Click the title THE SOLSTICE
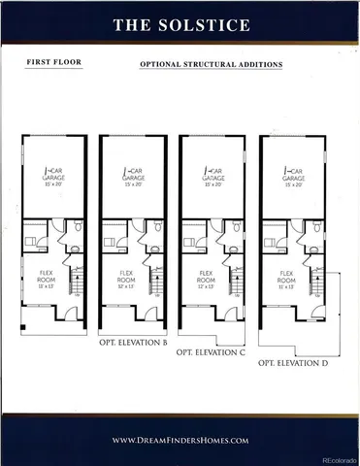(x=180, y=24)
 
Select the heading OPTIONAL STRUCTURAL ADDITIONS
(x=211, y=65)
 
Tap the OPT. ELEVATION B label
(x=133, y=343)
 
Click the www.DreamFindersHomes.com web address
(x=180, y=440)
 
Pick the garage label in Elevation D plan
(x=292, y=180)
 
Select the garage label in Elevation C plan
(x=213, y=180)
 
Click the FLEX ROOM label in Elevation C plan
(x=204, y=280)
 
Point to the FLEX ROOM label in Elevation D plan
(x=283, y=280)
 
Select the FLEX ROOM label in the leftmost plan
(x=45, y=280)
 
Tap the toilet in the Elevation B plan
(x=156, y=230)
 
